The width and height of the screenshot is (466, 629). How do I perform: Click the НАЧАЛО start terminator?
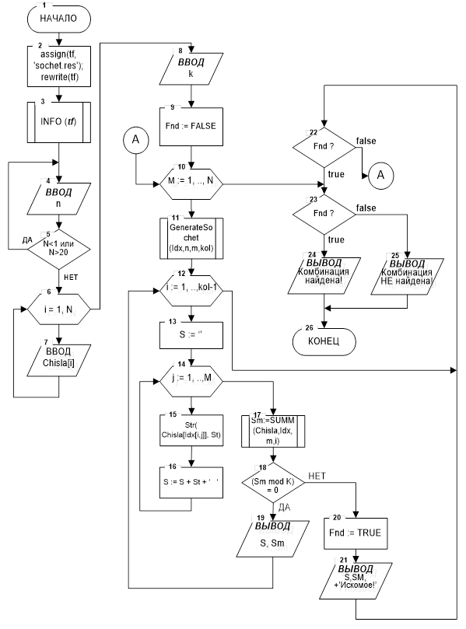tap(58, 19)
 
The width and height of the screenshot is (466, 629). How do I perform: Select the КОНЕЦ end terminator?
tap(324, 341)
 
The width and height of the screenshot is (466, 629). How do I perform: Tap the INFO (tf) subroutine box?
tap(58, 121)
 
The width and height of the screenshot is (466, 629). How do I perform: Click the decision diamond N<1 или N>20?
tap(58, 249)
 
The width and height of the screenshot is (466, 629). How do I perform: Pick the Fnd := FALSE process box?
tap(191, 127)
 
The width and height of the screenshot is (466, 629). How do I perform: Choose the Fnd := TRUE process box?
tap(356, 533)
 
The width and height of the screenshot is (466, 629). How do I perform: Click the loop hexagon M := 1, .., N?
tap(191, 183)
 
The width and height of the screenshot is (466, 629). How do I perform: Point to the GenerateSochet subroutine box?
tap(191, 238)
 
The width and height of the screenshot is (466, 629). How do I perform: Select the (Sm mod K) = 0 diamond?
tap(273, 482)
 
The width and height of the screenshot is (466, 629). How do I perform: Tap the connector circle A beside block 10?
tap(135, 140)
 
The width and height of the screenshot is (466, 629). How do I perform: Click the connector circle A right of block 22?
tap(380, 175)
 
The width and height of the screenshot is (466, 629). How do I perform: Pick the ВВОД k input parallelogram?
tap(191, 68)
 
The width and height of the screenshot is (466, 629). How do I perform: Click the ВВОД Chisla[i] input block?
tap(58, 360)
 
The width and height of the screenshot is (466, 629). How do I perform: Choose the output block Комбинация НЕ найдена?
tap(407, 277)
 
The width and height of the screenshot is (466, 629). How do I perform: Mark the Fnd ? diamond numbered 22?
tap(324, 147)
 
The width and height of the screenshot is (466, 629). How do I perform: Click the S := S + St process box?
tap(191, 482)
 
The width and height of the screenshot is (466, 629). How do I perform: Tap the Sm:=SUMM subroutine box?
tap(273, 431)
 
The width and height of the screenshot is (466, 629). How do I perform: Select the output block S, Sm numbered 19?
tap(273, 539)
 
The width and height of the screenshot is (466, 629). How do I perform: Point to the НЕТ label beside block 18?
tap(317, 476)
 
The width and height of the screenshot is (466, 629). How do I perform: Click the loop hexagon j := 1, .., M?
tap(191, 380)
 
